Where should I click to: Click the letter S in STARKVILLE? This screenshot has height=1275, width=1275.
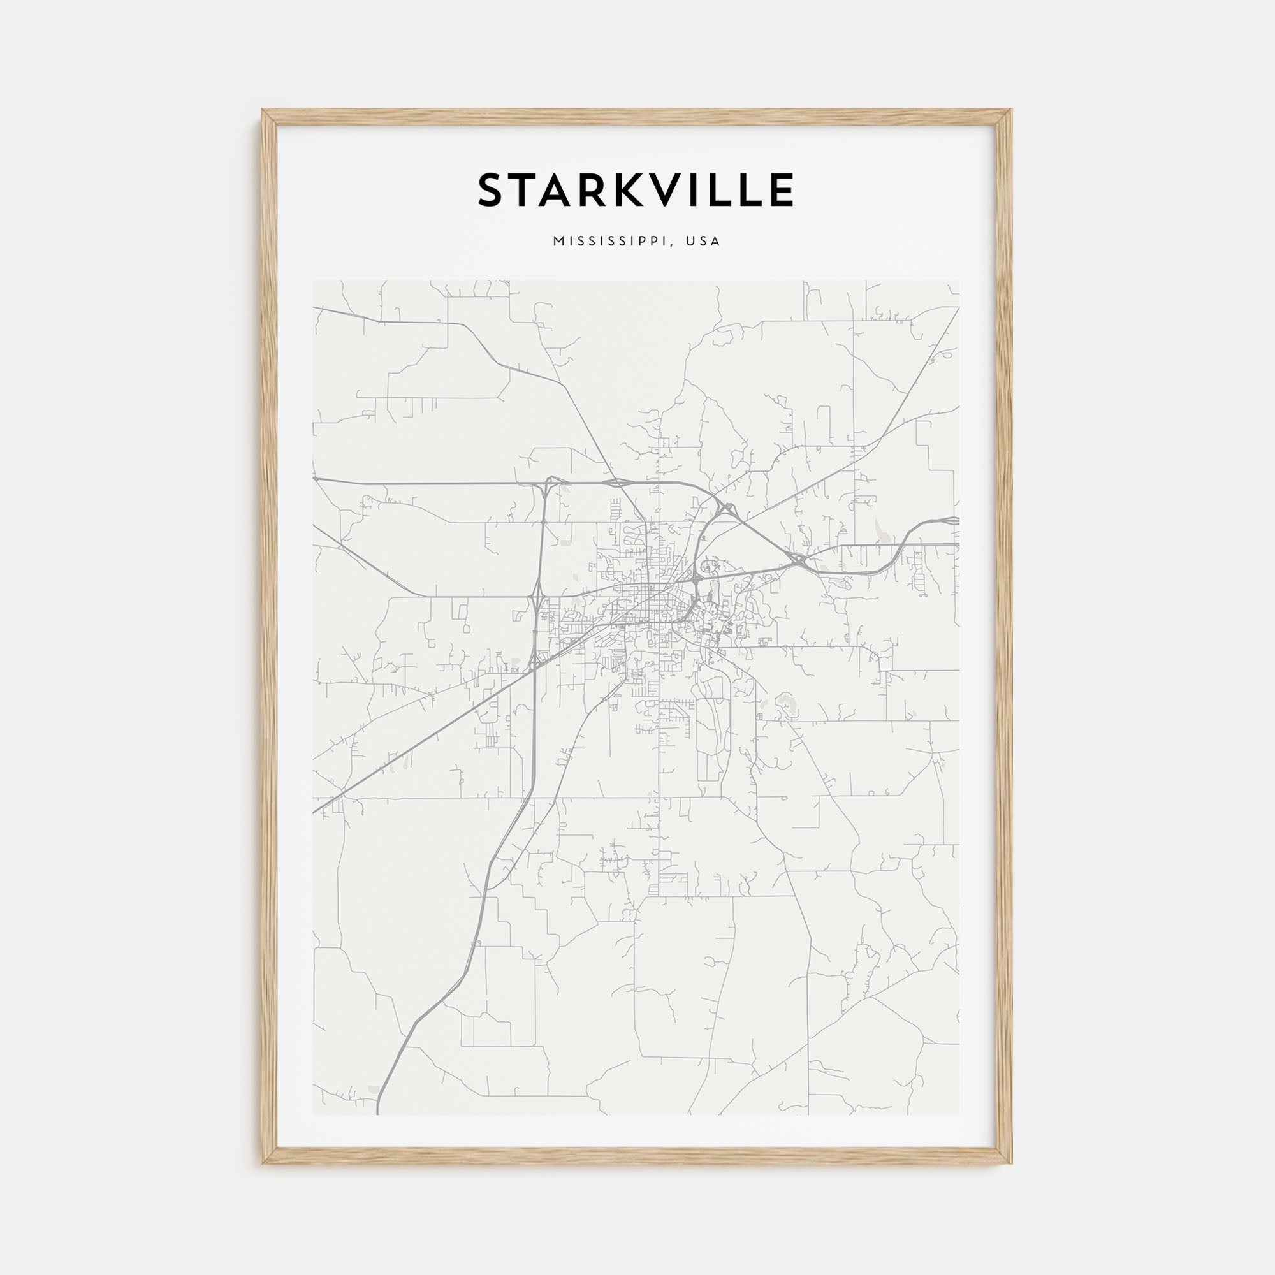493,191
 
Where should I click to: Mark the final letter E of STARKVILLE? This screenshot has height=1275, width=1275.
783,191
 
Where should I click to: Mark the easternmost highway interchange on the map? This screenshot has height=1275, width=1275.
799,561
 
